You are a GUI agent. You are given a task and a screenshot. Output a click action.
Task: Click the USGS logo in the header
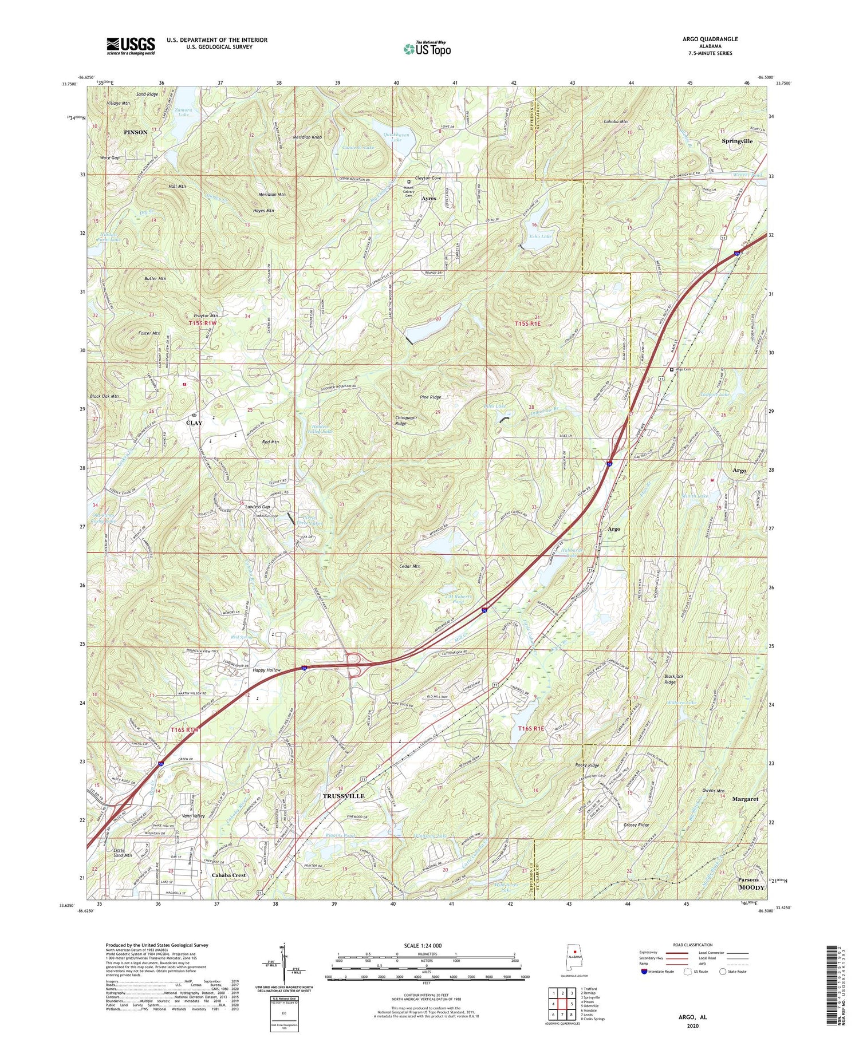tap(131, 46)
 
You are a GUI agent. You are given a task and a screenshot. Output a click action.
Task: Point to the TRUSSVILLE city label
tap(344, 796)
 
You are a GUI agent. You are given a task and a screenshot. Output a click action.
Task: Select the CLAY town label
tap(194, 423)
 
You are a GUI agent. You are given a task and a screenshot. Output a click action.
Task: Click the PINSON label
tap(136, 132)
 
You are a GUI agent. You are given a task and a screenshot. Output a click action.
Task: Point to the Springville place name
tap(737, 141)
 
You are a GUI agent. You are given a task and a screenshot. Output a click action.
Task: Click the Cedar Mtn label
tap(409, 566)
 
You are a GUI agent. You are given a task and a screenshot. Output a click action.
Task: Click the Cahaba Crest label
tap(228, 875)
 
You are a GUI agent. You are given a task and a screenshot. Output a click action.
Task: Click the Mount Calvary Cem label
tap(409, 192)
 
